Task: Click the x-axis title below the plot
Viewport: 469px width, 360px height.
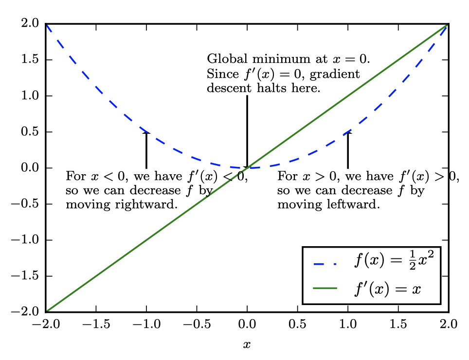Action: click(x=247, y=345)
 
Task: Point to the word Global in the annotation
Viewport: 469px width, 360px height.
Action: click(x=223, y=59)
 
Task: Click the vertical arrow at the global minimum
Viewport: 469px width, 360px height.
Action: click(x=247, y=131)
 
